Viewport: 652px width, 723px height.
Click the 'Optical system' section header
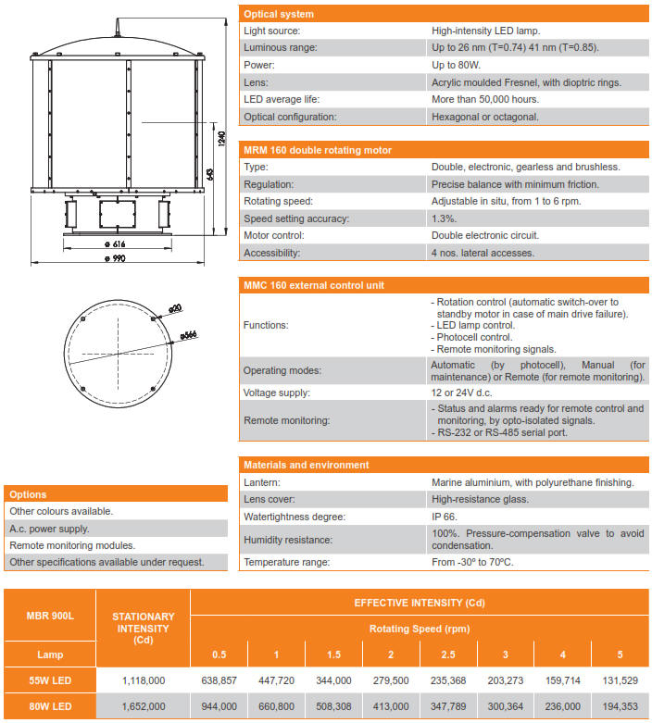(x=278, y=14)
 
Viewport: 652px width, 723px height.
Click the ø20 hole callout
(x=175, y=306)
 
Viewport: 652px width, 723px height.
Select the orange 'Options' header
(x=28, y=494)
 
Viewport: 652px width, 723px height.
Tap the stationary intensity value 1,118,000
(x=144, y=680)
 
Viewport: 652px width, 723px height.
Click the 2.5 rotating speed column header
(x=447, y=655)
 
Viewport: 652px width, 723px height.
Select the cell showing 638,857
(x=219, y=680)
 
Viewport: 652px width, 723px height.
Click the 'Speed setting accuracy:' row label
(x=296, y=218)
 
